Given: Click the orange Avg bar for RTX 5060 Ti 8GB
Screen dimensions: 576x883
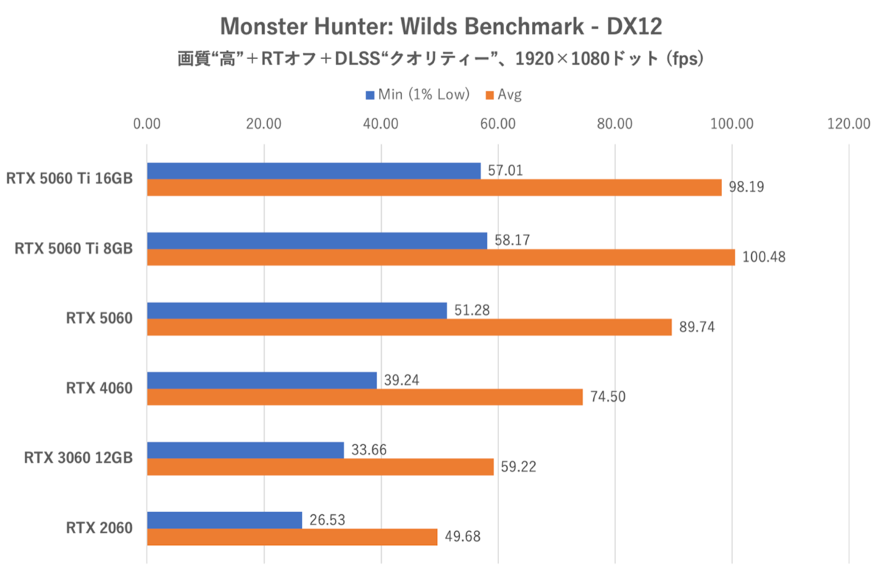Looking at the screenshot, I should click(x=441, y=257).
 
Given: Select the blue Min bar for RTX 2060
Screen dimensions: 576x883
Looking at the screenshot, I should click(x=224, y=519).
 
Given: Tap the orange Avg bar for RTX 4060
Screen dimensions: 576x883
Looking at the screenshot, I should click(x=364, y=397).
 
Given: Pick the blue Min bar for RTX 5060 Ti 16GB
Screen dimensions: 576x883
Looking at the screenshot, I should click(x=313, y=171).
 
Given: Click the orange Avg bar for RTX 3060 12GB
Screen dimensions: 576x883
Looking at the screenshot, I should click(x=320, y=467).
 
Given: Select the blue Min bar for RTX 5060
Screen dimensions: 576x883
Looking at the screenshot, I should click(x=297, y=310).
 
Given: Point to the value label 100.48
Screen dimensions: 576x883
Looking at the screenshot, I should click(x=764, y=257).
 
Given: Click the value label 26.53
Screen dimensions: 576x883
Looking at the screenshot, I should click(x=328, y=519).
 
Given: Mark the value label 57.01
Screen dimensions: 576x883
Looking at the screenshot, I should click(x=507, y=171).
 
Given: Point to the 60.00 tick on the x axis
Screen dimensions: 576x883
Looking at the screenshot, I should click(x=498, y=124).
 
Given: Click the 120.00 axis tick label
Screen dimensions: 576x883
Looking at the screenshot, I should click(x=848, y=124).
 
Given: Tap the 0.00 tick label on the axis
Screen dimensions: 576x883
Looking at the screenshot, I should click(x=147, y=124).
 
